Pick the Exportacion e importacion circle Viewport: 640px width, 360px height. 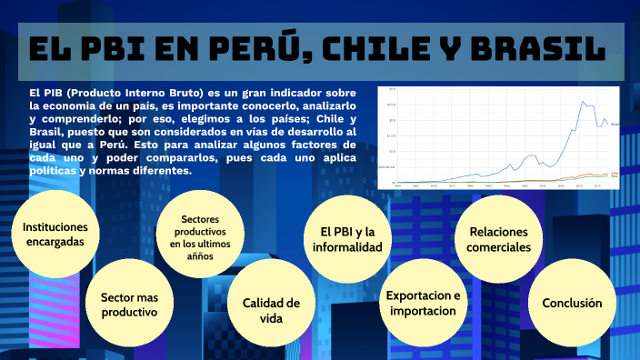[x=423, y=304]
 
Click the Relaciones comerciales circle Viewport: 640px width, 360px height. [x=498, y=238]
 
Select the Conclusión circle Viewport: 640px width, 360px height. [x=571, y=303]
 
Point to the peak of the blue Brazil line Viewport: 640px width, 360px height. [x=581, y=102]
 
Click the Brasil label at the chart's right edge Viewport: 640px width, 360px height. [x=615, y=123]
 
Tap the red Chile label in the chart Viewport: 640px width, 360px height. [x=615, y=172]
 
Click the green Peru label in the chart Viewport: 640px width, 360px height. [x=615, y=176]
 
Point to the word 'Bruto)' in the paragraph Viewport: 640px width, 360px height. [x=184, y=93]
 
